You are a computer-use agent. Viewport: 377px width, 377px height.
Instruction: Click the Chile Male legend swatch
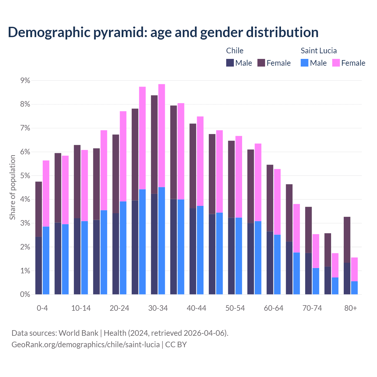tap(230, 63)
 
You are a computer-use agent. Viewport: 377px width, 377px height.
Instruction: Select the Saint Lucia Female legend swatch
tap(336, 63)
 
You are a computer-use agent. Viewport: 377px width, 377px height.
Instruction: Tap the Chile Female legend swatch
tap(261, 63)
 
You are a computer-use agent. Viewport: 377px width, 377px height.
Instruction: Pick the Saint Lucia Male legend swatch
tap(305, 63)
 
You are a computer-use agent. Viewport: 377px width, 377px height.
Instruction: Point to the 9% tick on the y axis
tap(25, 80)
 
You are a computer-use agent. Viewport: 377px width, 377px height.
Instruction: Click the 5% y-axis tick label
tap(25, 176)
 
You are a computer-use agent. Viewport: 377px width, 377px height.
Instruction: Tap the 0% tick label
tap(25, 294)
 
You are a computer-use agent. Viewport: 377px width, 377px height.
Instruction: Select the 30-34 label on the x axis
tap(158, 308)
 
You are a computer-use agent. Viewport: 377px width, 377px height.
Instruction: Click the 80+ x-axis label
tap(350, 308)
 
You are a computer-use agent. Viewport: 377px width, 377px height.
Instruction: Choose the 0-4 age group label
tap(42, 308)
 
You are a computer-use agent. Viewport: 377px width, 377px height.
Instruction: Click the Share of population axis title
tap(12, 187)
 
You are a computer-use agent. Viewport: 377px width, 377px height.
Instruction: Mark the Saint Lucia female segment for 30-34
tap(162, 135)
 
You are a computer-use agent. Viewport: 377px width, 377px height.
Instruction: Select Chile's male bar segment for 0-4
tap(39, 265)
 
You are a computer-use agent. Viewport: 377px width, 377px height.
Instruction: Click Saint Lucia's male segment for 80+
tap(354, 288)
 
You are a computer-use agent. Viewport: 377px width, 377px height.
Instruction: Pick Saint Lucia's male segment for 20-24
tap(123, 248)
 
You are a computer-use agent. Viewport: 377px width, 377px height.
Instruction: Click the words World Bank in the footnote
tap(78, 333)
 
